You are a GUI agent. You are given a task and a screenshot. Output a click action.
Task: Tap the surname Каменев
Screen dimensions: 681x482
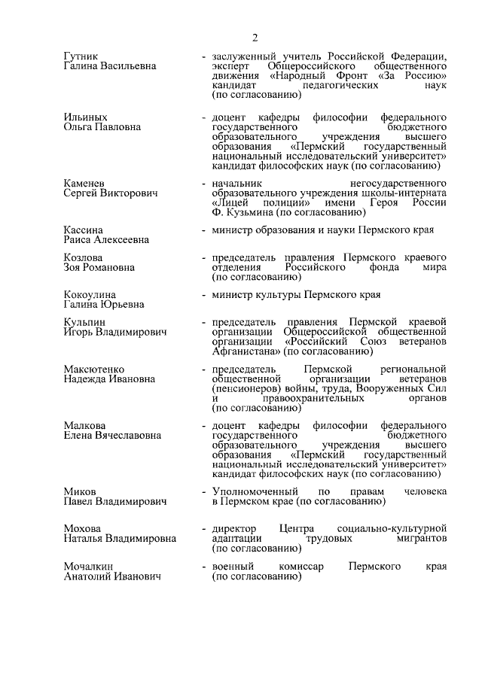84,184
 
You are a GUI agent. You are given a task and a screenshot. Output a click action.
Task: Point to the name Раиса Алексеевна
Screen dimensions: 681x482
106,239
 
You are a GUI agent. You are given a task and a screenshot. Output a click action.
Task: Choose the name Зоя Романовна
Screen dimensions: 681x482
99,267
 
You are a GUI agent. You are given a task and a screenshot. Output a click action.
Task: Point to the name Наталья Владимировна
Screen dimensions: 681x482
120,539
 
